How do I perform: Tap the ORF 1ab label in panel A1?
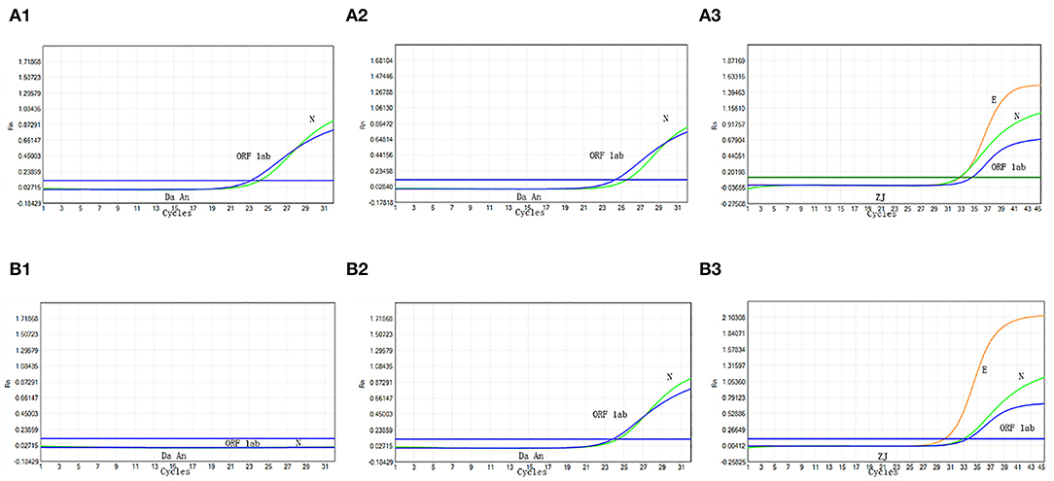[x=255, y=155]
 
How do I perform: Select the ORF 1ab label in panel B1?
[x=242, y=443]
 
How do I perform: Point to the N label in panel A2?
[x=665, y=119]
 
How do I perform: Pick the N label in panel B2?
[x=669, y=377]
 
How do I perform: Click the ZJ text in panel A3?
[x=881, y=197]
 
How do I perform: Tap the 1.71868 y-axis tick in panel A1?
[x=26, y=60]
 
